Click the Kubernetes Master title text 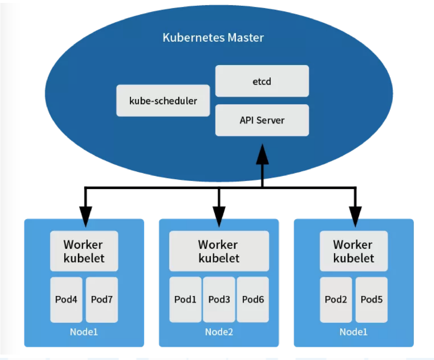pyautogui.click(x=213, y=38)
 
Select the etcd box pyautogui.click(x=262, y=81)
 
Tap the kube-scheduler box pyautogui.click(x=163, y=101)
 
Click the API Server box pyautogui.click(x=262, y=120)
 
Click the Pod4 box pyautogui.click(x=66, y=299)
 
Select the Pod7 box pyautogui.click(x=102, y=299)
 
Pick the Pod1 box pyautogui.click(x=185, y=299)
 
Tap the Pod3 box pyautogui.click(x=219, y=299)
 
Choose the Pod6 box pyautogui.click(x=253, y=299)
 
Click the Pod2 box pyautogui.click(x=336, y=299)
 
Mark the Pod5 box pyautogui.click(x=372, y=299)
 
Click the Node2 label pyautogui.click(x=219, y=332)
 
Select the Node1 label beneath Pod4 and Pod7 pyautogui.click(x=84, y=332)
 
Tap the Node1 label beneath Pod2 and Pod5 pyautogui.click(x=354, y=332)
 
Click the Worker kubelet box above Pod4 pyautogui.click(x=84, y=251)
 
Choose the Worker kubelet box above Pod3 pyautogui.click(x=219, y=251)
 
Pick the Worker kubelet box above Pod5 pyautogui.click(x=354, y=251)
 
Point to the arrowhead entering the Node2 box pyautogui.click(x=219, y=216)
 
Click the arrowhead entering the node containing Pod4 pyautogui.click(x=85, y=216)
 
